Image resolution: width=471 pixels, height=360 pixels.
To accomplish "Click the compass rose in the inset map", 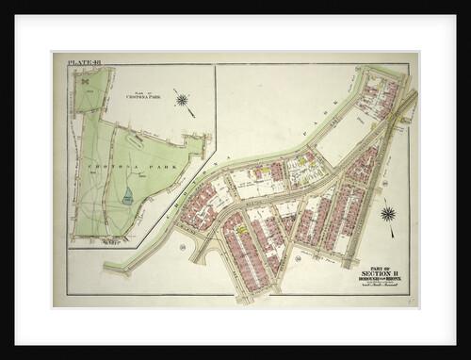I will tap(182, 99).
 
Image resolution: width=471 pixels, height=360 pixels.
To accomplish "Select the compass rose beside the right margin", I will tap(387, 214).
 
